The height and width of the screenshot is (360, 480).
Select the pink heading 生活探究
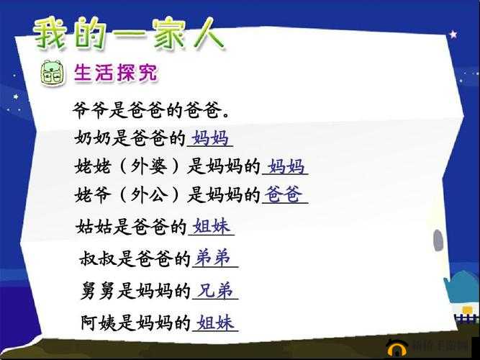(x=116, y=73)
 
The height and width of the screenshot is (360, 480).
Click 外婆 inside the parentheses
(x=149, y=167)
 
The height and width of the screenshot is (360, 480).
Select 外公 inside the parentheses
(x=149, y=195)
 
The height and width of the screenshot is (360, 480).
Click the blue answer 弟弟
(x=214, y=257)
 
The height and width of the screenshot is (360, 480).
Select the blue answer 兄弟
(x=215, y=289)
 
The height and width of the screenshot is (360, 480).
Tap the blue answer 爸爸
(x=284, y=194)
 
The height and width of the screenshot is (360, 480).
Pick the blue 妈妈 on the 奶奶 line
(x=210, y=137)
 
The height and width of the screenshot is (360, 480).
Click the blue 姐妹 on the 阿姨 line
(x=216, y=322)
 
